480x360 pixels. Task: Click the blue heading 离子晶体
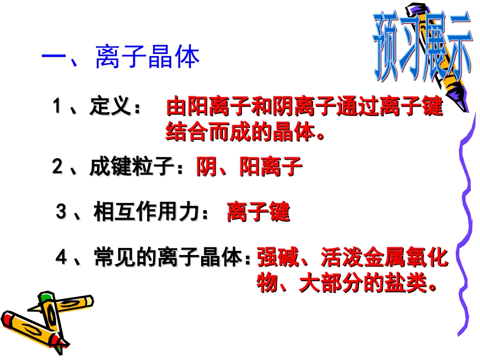(x=148, y=58)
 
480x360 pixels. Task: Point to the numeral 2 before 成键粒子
(x=57, y=167)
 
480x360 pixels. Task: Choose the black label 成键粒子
(x=131, y=167)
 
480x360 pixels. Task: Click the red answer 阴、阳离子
(x=249, y=167)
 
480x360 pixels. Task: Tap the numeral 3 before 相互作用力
(x=61, y=213)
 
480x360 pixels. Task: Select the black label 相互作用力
(x=144, y=213)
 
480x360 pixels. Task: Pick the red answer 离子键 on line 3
(x=259, y=213)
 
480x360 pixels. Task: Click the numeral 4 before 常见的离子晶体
(x=61, y=258)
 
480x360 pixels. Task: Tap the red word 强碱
(x=273, y=258)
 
